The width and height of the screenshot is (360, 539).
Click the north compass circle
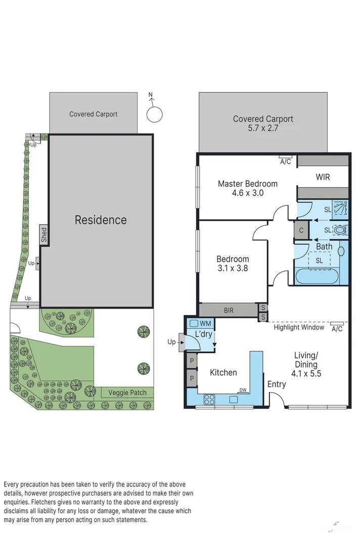click(154, 114)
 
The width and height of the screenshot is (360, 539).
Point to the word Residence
click(101, 220)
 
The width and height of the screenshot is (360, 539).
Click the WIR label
click(323, 177)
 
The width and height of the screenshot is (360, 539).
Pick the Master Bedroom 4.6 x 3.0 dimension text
click(247, 192)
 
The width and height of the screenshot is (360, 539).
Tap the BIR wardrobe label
click(229, 310)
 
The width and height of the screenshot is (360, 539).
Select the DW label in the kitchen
click(243, 389)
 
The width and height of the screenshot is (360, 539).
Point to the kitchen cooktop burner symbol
click(209, 400)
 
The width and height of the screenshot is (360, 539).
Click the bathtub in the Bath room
click(319, 276)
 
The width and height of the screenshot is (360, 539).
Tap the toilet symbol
click(341, 230)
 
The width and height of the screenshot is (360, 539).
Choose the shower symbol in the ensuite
click(341, 208)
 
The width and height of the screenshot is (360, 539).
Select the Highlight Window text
click(299, 327)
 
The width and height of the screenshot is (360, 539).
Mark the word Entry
click(277, 384)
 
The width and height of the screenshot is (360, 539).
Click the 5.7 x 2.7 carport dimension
click(263, 128)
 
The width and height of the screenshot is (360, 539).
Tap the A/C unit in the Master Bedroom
click(285, 158)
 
